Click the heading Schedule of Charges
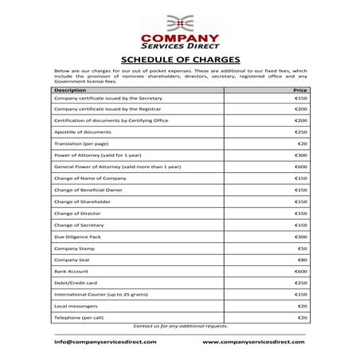pos(179,59)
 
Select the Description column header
pos(70,90)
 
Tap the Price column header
pos(300,90)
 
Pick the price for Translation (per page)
pos(302,143)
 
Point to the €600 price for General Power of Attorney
pos(300,166)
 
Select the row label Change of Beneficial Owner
pos(88,190)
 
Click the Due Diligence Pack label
pos(77,237)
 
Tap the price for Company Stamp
pos(302,248)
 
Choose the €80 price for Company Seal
pos(302,260)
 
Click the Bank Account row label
pos(71,272)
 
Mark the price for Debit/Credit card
pos(300,283)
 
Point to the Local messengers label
pos(76,306)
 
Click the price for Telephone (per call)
pos(302,318)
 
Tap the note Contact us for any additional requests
pos(180,326)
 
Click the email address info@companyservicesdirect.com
pos(105,342)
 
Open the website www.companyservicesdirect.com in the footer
pos(253,342)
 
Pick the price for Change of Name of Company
pos(300,178)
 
